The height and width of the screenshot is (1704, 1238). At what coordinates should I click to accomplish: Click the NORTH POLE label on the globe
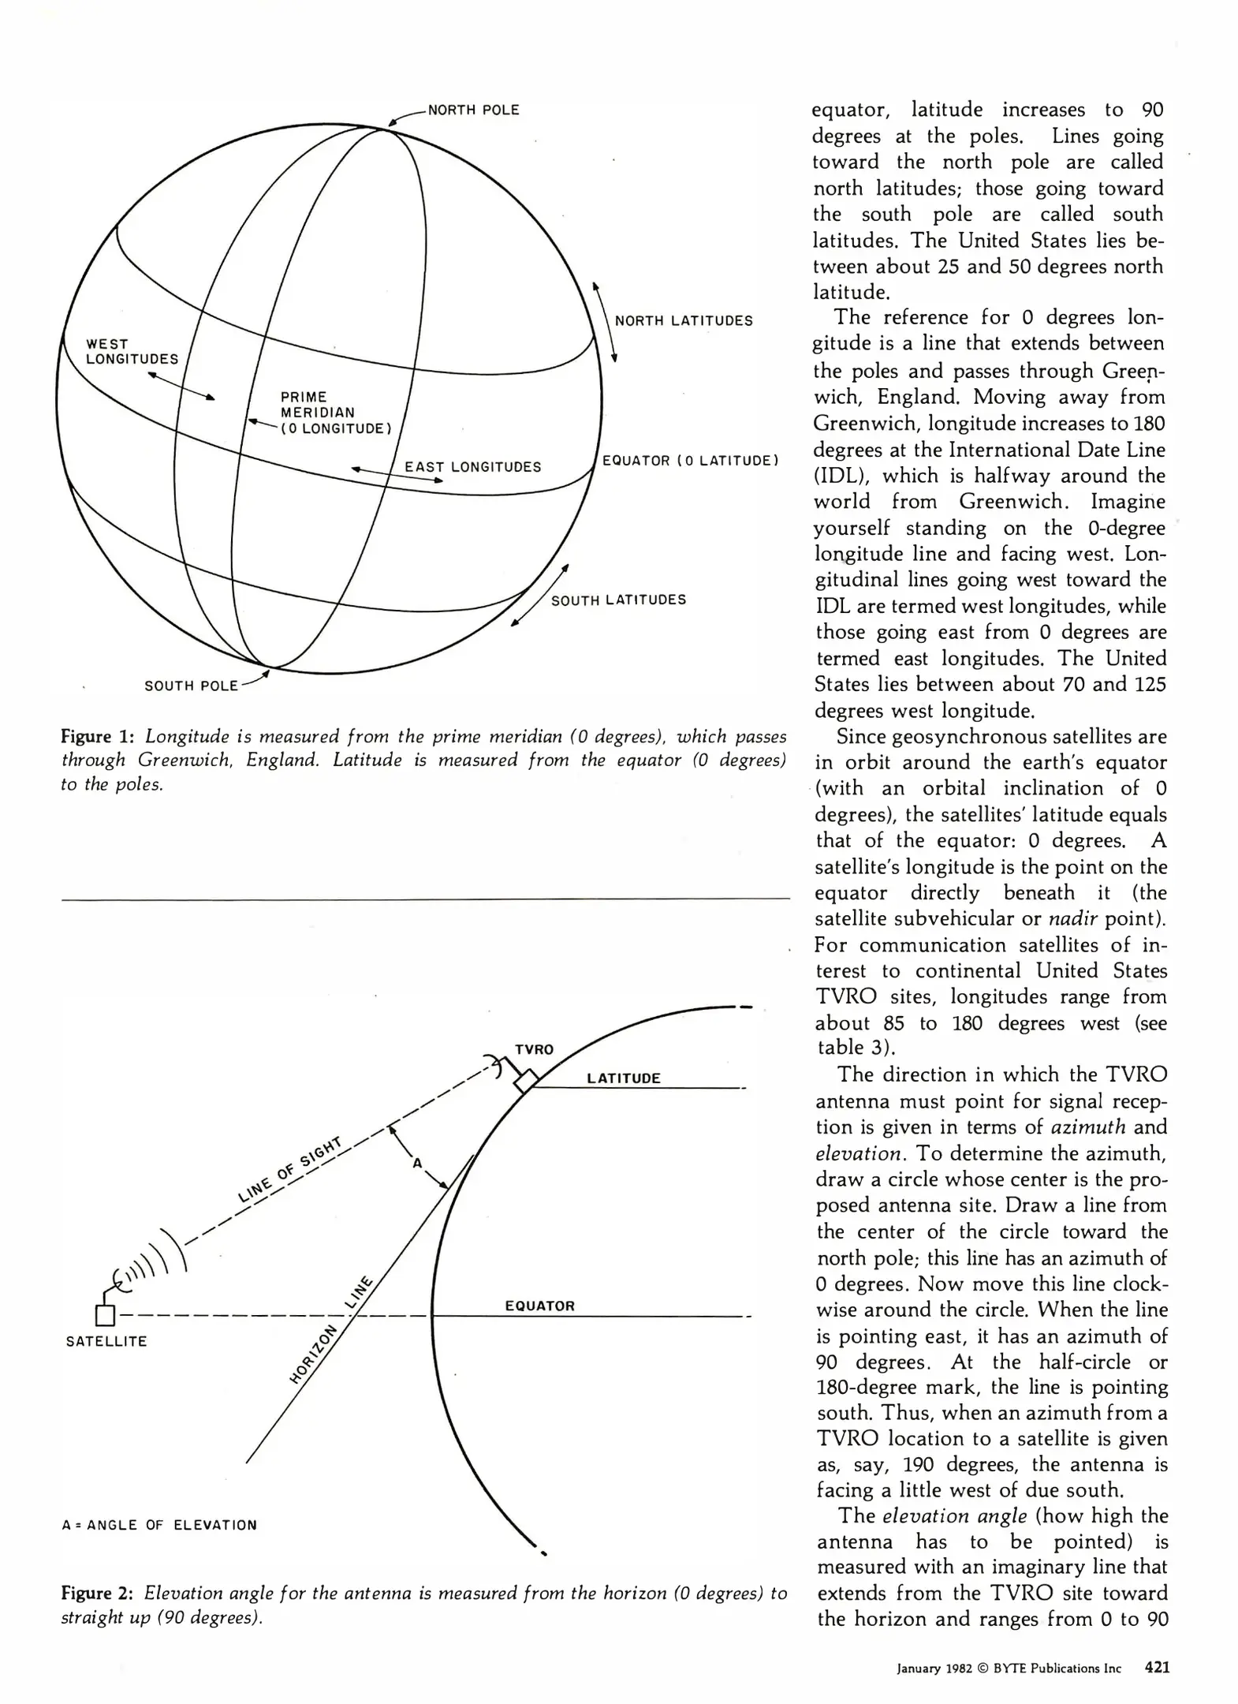pos(473,110)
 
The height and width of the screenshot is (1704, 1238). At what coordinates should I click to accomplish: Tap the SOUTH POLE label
pos(191,686)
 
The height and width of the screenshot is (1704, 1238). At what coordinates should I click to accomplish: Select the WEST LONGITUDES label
pos(132,352)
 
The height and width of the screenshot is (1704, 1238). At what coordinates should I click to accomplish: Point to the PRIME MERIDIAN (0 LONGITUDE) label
pos(336,413)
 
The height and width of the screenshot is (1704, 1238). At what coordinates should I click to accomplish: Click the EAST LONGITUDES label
pos(472,467)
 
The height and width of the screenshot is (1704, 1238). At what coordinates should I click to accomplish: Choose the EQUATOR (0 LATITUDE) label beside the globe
pos(690,461)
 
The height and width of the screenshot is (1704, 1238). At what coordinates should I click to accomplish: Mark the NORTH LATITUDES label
pos(683,321)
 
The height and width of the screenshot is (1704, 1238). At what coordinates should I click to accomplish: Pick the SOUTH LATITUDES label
pos(618,600)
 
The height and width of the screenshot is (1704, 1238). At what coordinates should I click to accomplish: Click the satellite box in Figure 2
pos(105,1315)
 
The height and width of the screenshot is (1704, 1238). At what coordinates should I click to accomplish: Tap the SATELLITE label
pos(106,1341)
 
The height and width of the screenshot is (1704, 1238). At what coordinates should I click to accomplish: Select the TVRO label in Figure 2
pos(534,1050)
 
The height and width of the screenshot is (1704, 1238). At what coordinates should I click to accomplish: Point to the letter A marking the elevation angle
pos(418,1163)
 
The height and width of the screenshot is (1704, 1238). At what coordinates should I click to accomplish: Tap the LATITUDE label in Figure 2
pos(623,1078)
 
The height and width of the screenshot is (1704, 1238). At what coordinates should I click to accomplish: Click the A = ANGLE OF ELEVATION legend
pos(159,1525)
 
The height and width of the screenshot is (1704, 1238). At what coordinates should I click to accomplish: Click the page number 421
pos(1157,1668)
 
